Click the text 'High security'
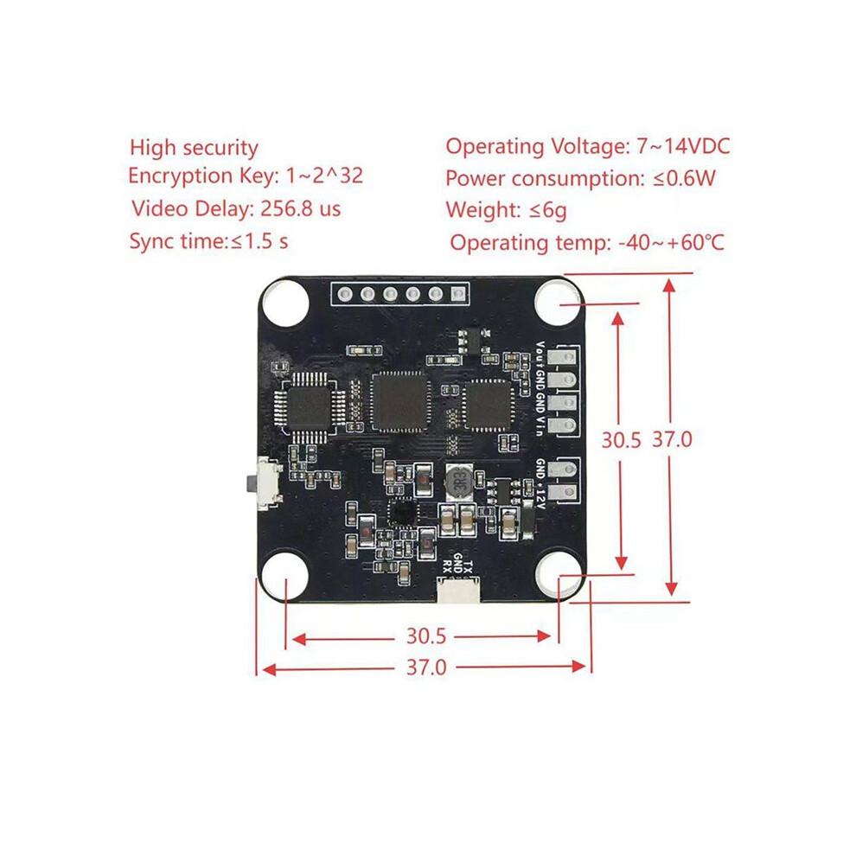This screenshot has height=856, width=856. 194,148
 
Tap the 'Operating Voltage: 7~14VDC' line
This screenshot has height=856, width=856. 587,146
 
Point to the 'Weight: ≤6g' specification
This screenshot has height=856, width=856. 506,210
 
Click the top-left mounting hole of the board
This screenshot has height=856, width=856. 285,302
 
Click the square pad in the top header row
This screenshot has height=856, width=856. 458,295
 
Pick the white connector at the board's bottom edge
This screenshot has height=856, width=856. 458,591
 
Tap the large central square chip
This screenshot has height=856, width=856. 399,402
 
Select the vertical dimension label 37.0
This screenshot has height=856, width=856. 672,439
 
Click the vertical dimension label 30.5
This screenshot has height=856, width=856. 621,439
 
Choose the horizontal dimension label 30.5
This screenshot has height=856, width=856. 425,636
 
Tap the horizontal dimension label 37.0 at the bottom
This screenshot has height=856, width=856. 426,668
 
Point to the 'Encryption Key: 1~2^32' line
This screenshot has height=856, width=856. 246,176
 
